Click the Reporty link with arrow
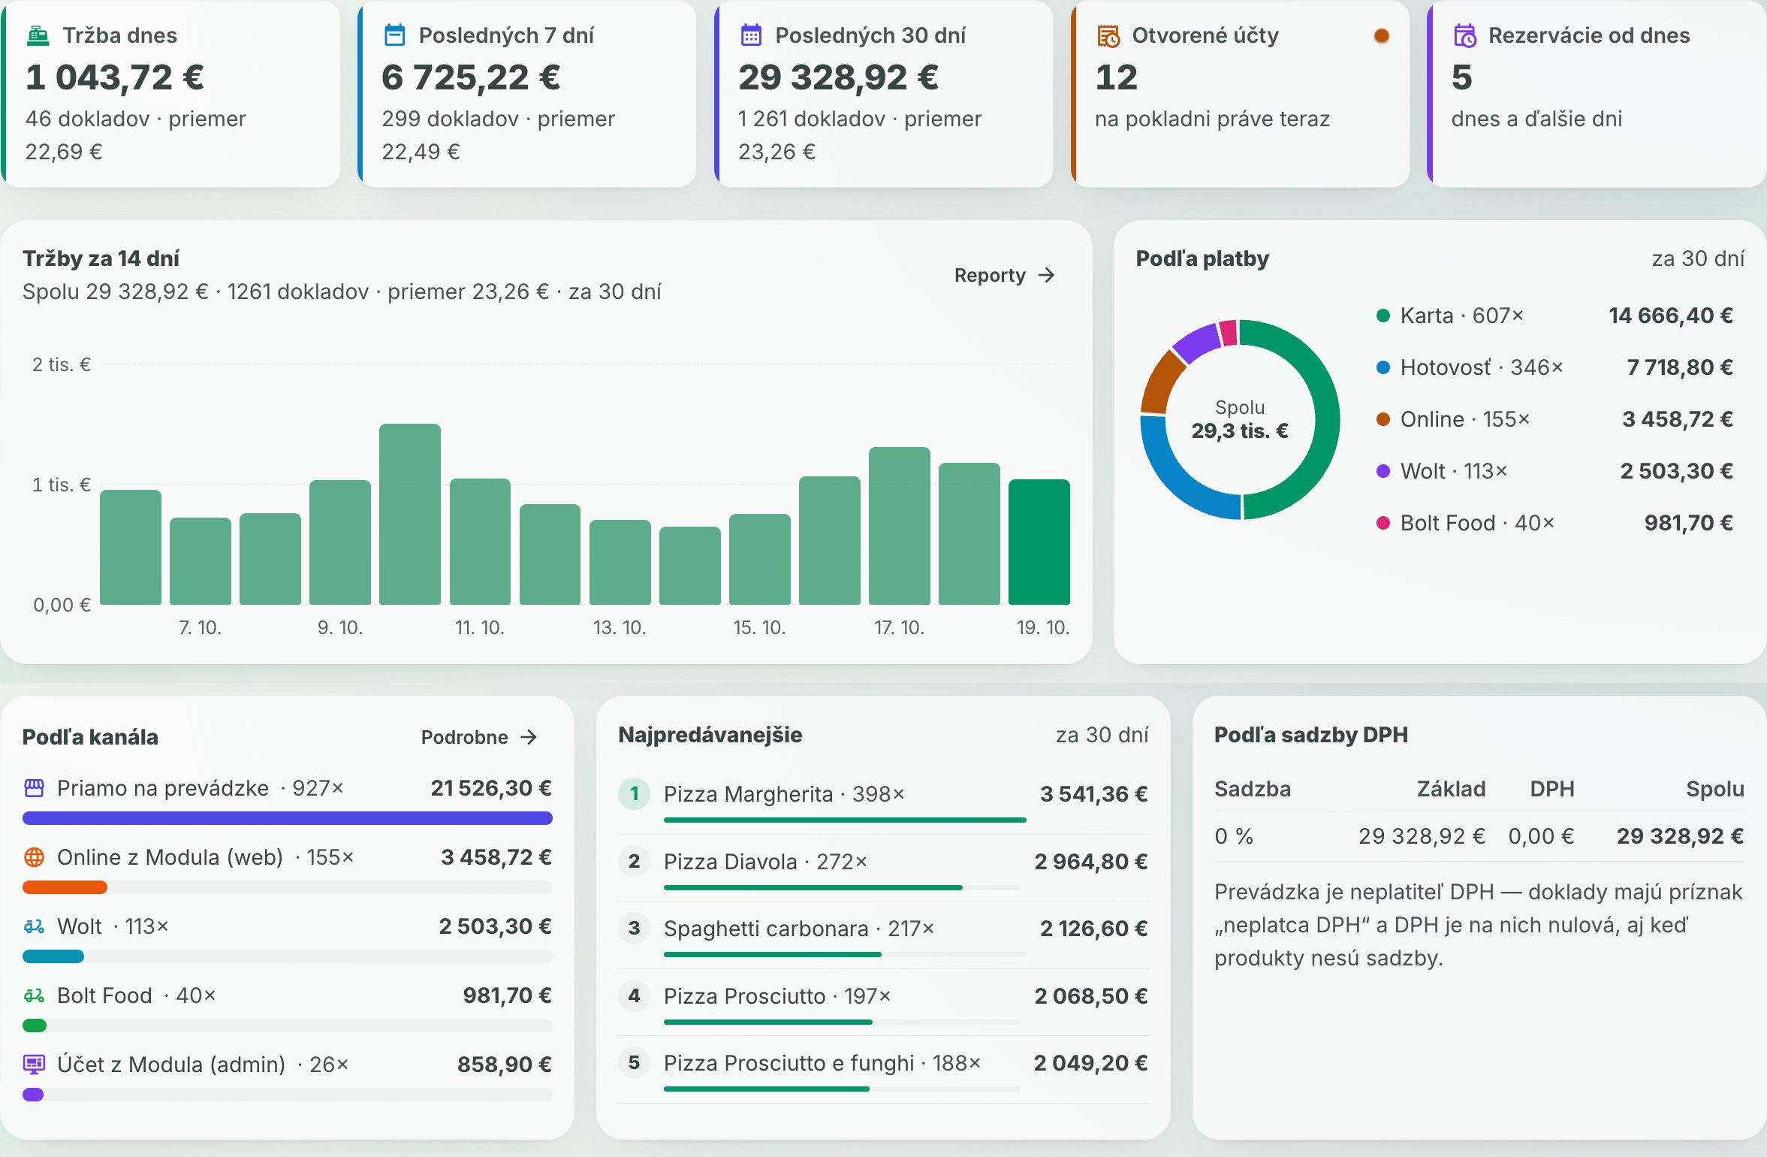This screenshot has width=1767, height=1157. (1004, 276)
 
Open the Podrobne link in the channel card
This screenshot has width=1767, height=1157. (479, 737)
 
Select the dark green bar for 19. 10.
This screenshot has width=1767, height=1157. (1039, 542)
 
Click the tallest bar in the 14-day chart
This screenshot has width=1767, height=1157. (410, 514)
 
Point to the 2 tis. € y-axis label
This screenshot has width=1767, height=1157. (61, 365)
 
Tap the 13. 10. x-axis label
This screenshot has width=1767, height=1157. (620, 627)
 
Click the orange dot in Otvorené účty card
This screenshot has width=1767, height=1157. (1381, 36)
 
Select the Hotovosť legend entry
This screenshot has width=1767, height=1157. (1470, 367)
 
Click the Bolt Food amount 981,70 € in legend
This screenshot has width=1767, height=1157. (1688, 523)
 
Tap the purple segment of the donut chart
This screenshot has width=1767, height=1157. (1196, 341)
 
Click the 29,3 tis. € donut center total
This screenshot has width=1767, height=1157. (1240, 431)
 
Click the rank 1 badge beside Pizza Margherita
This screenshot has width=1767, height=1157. (635, 793)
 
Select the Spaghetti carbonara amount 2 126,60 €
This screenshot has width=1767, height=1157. (1093, 929)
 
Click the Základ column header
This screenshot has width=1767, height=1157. (1451, 789)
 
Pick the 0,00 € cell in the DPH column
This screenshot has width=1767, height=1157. (1541, 836)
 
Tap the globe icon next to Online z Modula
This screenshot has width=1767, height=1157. (35, 857)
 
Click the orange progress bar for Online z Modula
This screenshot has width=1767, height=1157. (65, 887)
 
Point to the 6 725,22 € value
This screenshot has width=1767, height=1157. (471, 77)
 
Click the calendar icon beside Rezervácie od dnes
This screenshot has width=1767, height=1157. (1465, 36)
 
